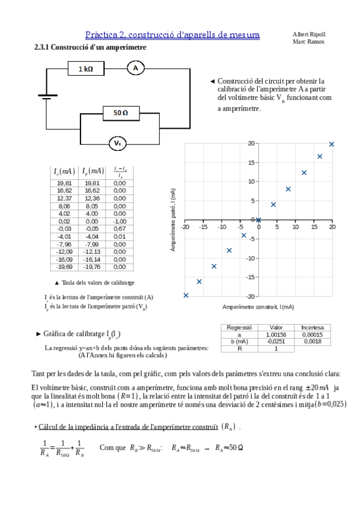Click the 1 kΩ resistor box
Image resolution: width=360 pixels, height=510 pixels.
[85, 69]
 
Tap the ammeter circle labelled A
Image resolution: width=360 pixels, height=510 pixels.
[135, 69]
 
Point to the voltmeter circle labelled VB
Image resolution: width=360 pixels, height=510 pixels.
[118, 144]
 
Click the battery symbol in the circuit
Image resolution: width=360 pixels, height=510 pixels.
[45, 97]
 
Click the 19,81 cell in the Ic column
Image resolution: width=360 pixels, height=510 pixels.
[64, 183]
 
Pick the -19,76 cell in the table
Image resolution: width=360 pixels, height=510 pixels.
[93, 266]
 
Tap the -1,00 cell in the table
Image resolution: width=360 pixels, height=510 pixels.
[120, 221]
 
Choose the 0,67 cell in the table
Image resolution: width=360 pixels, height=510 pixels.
[120, 229]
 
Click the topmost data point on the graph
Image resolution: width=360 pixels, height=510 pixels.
[331, 144]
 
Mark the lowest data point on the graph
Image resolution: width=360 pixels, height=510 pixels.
[186, 295]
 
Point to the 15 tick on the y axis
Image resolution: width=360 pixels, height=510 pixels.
[252, 162]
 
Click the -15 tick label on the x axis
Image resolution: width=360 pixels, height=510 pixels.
[203, 227]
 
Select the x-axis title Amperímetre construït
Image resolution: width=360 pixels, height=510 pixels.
[258, 307]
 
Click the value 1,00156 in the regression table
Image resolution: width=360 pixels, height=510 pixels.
[275, 334]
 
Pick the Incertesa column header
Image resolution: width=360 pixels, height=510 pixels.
[313, 328]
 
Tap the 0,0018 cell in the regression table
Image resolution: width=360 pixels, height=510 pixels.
[313, 341]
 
